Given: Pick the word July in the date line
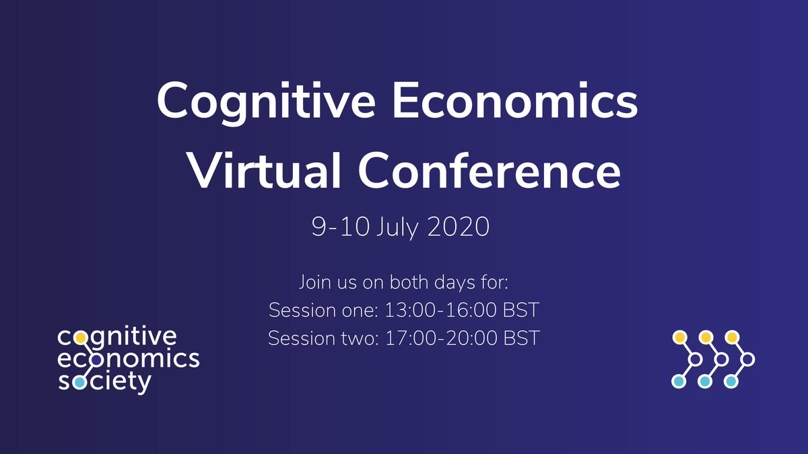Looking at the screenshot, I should [396, 227].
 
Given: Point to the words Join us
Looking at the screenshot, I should [323, 282].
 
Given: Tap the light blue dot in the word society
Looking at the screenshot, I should [80, 382].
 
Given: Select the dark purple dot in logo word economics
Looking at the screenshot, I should [96, 359].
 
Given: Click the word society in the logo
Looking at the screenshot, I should [104, 382].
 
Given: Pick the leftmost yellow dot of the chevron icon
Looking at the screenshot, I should [680, 336].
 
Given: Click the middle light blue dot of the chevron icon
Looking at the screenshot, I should [705, 382].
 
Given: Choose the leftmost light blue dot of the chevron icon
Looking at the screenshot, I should [679, 382].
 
